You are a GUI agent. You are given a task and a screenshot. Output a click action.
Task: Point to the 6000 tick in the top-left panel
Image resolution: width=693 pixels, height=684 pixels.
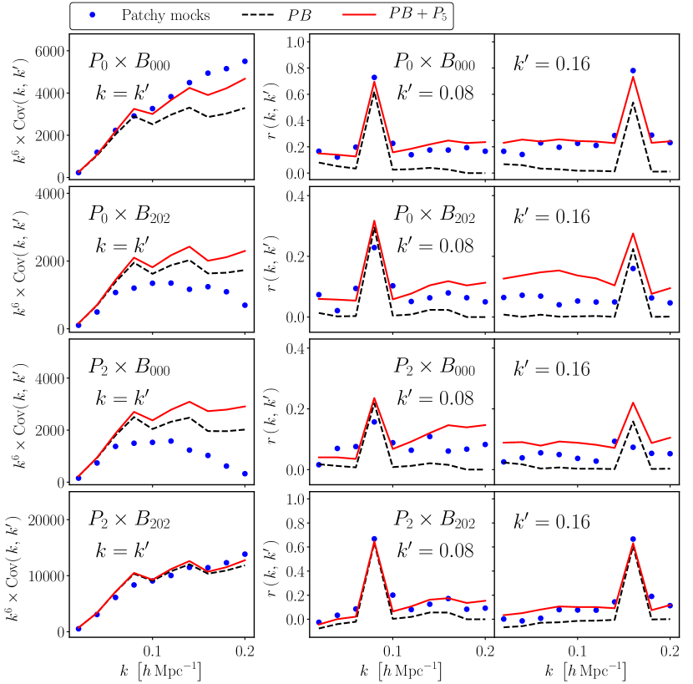point(48,51)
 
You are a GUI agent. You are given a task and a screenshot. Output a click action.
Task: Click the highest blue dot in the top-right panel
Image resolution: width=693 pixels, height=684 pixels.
point(633,71)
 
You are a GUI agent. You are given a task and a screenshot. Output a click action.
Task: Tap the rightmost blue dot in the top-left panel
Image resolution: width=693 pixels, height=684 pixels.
point(245,61)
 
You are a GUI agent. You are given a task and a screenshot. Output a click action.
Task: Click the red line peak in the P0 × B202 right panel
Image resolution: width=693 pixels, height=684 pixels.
point(633,233)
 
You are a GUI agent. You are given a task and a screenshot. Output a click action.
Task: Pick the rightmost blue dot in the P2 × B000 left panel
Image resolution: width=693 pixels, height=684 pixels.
point(245,474)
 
